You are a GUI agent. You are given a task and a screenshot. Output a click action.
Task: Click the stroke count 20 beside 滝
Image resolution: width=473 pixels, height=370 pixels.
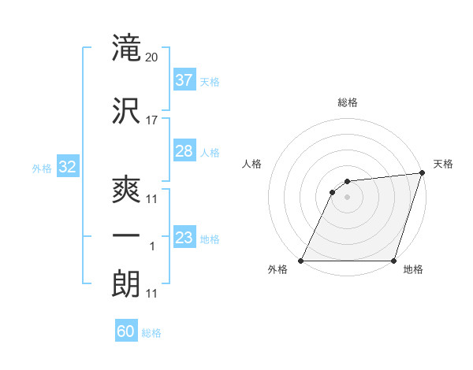coord(152,57)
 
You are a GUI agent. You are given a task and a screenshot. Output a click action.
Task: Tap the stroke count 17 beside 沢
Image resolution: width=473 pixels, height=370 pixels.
coord(152,120)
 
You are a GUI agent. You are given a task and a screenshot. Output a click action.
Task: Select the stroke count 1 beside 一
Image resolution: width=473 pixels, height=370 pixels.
coord(152,246)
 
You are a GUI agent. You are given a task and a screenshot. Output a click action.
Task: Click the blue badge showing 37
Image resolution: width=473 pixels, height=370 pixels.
coord(184,80)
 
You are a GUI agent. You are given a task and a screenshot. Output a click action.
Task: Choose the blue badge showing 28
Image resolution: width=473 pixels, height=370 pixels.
coord(184,151)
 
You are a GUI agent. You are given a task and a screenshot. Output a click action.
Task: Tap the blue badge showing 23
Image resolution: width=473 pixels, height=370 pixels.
coord(184,237)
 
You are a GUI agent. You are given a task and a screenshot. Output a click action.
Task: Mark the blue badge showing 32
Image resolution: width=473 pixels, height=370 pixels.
coord(67,167)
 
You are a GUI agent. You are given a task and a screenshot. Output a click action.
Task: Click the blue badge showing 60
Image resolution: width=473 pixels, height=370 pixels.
coord(126,331)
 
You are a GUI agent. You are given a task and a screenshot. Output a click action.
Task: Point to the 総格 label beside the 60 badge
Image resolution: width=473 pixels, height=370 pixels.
coord(151,333)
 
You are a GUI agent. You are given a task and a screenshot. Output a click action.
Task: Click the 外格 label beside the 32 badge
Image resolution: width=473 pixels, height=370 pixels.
coord(42,168)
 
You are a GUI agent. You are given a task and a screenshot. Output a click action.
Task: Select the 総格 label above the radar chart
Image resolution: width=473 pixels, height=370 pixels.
coord(348,102)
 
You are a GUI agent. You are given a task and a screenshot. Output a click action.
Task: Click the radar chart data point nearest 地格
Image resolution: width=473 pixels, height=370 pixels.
coord(393,261)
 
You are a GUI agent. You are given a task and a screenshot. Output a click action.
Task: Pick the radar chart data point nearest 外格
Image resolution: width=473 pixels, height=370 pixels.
coord(301,261)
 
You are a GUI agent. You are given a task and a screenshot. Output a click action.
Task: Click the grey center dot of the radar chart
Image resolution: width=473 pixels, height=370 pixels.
coord(347,197)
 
